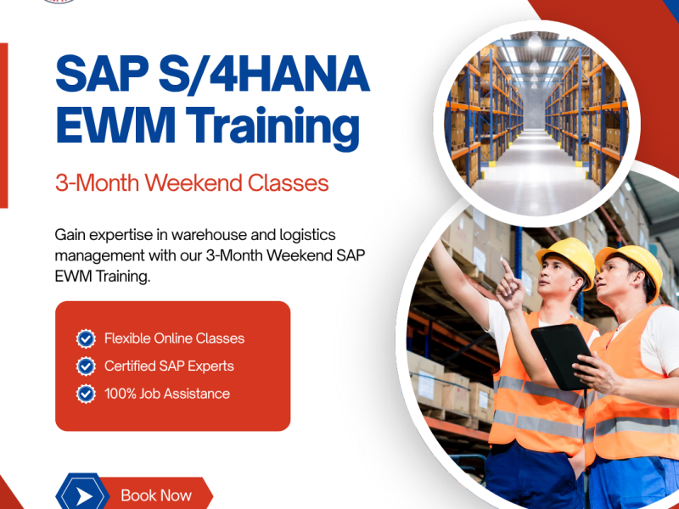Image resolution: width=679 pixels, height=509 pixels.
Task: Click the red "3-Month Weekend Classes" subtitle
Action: pyautogui.click(x=191, y=182)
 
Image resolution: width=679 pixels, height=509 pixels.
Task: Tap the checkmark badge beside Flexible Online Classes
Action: pyautogui.click(x=86, y=338)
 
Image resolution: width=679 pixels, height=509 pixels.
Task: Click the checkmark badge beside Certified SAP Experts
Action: pyautogui.click(x=86, y=366)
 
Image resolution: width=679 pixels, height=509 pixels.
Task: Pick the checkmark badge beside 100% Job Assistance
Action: pyautogui.click(x=86, y=394)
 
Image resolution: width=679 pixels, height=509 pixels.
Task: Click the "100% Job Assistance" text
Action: pyautogui.click(x=166, y=394)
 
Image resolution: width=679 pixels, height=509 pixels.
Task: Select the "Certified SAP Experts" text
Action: pyautogui.click(x=169, y=366)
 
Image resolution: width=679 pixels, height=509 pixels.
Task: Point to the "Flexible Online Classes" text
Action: pyautogui.click(x=174, y=338)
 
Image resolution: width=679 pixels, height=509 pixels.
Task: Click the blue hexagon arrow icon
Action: pyautogui.click(x=82, y=495)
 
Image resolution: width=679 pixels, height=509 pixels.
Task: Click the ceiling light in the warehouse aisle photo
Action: pyautogui.click(x=534, y=41)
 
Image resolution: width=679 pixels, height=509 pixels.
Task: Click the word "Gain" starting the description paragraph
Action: pyautogui.click(x=72, y=233)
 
